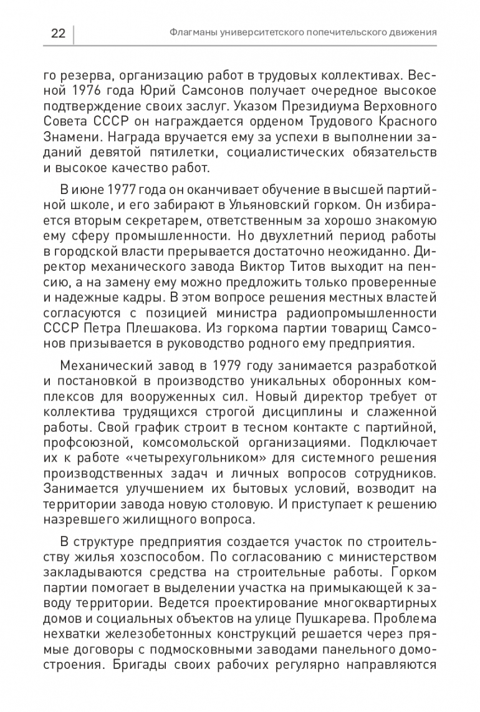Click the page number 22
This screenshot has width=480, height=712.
pos(57,32)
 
